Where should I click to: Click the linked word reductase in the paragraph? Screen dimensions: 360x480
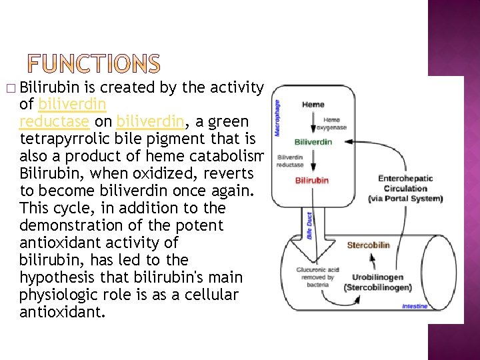(54, 121)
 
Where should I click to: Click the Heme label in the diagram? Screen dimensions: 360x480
(313, 105)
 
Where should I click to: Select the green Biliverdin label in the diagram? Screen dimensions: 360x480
(313, 142)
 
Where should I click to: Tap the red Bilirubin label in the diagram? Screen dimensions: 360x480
(312, 181)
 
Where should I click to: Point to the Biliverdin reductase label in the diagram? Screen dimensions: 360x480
(291, 161)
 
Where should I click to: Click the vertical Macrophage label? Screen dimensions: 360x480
(278, 118)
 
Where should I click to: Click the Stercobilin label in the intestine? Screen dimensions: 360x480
(369, 245)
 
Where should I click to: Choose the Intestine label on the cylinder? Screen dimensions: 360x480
(415, 306)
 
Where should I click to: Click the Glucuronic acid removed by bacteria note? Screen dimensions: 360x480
(317, 277)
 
